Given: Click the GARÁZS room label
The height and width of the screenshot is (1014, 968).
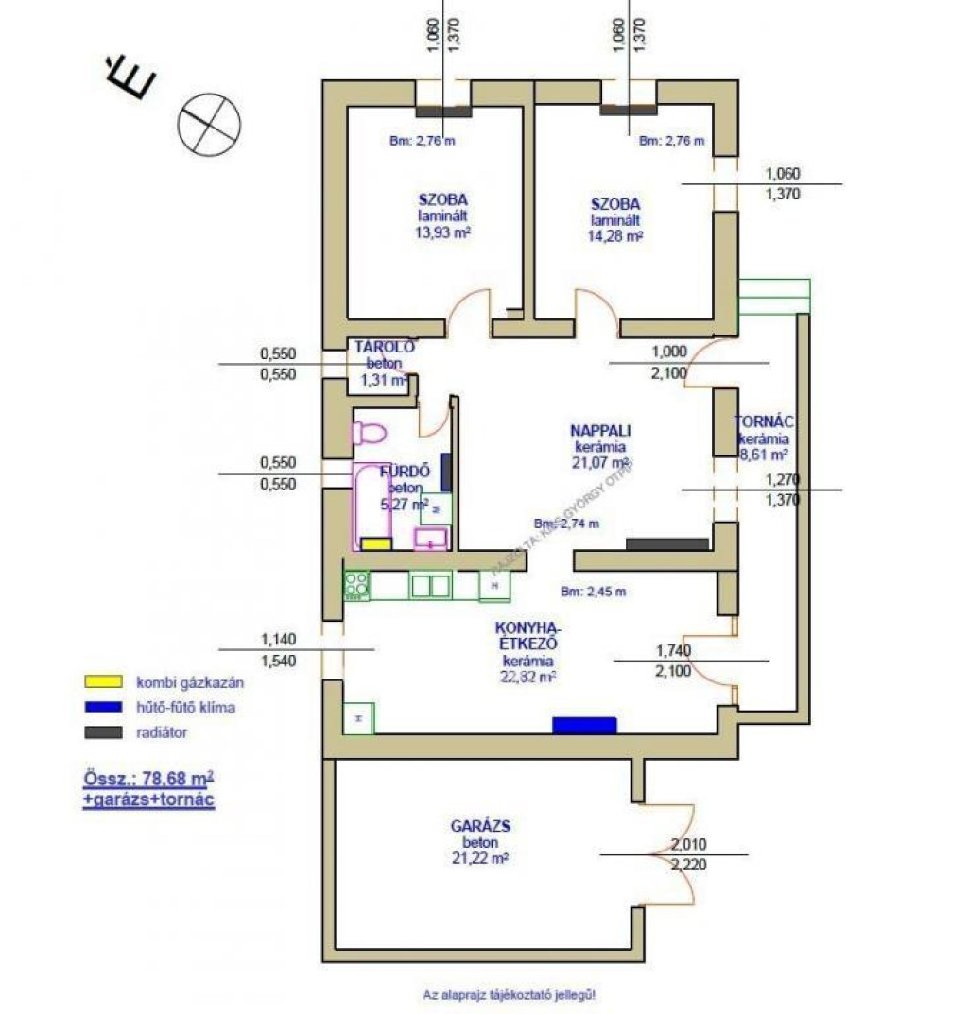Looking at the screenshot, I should point(475,825).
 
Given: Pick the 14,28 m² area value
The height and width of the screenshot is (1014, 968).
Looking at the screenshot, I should point(615,236).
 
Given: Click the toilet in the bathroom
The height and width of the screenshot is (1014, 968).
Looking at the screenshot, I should point(368,434).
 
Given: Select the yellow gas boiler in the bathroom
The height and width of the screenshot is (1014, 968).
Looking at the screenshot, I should point(375,543).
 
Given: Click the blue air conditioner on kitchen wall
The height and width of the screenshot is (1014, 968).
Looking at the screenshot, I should point(584,725).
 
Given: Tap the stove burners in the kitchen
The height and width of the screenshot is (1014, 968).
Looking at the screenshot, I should point(356,585).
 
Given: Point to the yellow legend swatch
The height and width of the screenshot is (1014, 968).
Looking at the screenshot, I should point(104,681).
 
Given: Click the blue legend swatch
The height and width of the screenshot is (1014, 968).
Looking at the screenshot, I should point(104,706).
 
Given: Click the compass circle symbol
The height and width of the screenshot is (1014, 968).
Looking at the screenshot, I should point(210,122).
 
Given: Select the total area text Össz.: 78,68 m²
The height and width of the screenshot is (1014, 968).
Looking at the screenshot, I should point(147,781).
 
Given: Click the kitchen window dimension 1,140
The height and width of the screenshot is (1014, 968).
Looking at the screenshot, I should point(277,640).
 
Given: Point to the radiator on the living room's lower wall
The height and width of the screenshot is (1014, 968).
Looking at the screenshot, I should point(667,543).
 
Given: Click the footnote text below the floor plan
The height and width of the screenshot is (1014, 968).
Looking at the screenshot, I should point(510,994).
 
